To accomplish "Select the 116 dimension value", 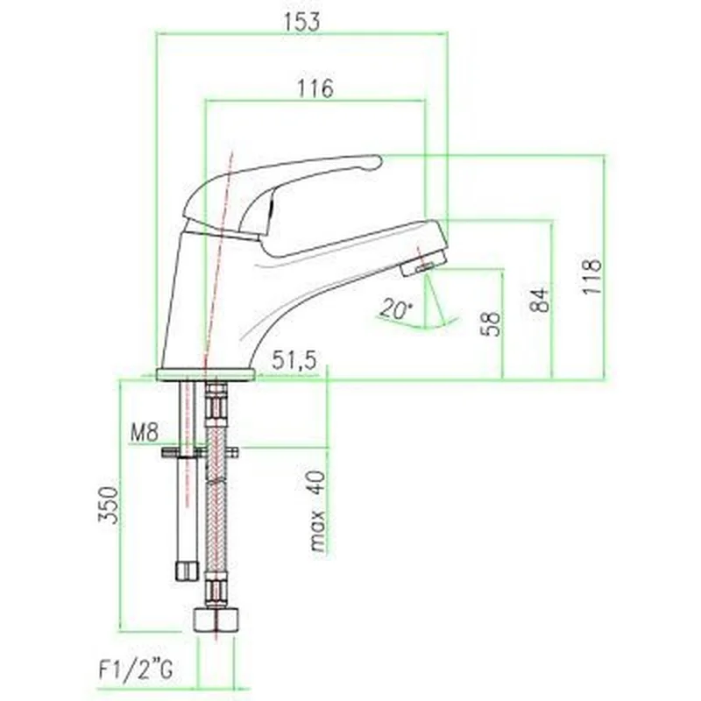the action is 315,89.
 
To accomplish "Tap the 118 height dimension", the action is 591,275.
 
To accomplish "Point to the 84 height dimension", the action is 539,299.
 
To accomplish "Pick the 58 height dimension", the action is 490,323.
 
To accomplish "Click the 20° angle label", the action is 397,309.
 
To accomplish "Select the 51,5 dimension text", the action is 294,360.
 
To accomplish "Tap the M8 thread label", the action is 145,432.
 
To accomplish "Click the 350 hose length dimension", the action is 109,505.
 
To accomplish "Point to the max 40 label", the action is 318,511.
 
